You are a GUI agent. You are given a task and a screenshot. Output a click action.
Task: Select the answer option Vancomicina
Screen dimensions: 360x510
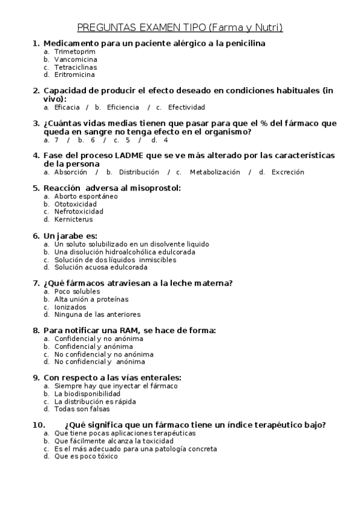tap(75, 60)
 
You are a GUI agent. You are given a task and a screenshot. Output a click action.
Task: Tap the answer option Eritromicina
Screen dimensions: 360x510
tap(75, 75)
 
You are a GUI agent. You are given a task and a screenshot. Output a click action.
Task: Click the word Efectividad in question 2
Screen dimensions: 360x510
tap(186, 107)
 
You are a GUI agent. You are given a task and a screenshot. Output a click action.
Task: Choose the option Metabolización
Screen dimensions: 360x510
tap(215, 172)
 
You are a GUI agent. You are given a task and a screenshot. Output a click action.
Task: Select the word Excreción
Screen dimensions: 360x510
tap(288, 172)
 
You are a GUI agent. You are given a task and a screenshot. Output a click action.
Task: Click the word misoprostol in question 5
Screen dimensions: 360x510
tap(153, 188)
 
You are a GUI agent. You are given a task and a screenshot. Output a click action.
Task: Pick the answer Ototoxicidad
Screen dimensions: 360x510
tap(75, 204)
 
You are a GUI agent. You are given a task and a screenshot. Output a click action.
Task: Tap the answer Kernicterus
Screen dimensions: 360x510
tap(73, 219)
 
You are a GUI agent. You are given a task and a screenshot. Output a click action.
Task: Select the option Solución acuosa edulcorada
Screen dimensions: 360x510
tap(100, 267)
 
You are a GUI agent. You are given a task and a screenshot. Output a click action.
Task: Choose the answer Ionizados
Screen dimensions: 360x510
tap(70, 307)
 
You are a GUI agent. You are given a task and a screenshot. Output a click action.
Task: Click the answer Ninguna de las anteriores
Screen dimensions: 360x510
tap(97, 314)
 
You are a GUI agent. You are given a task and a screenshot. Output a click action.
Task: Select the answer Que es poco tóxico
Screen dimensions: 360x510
tap(86, 456)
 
